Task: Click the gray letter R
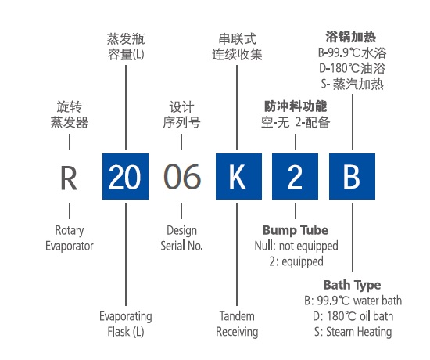coord(69,178)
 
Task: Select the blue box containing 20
coord(125,176)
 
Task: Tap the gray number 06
coord(182,176)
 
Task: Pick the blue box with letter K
coord(238,176)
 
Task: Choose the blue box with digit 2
coord(295,176)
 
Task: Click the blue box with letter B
coord(352,176)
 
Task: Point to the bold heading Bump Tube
coord(296,230)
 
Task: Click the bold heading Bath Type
coord(353,285)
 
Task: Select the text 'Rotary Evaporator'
coord(70,238)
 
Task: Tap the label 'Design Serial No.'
coord(182,238)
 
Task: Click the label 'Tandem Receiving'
coord(237,324)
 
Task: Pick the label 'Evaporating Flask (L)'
coord(126,324)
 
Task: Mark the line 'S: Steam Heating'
coord(353,332)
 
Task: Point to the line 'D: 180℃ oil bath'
coord(353,316)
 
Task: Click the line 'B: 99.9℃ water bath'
coord(353,301)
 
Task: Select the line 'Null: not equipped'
coord(296,246)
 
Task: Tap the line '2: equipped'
coord(296,261)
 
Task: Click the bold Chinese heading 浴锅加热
coord(351,37)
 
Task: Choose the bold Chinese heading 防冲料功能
coord(296,106)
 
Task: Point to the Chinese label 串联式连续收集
coord(237,46)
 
